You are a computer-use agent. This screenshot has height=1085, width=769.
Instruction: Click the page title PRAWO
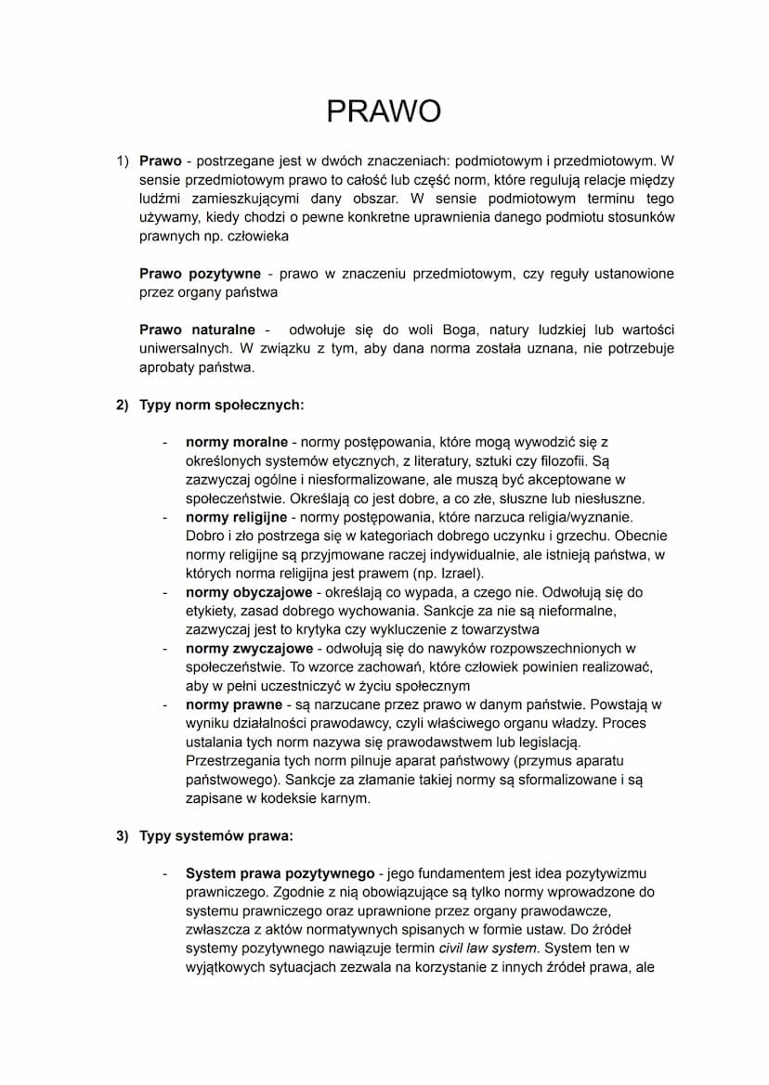coord(384,111)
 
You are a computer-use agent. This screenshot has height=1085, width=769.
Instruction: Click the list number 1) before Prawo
coord(123,161)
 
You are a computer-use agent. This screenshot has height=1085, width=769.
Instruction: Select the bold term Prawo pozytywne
coord(199,274)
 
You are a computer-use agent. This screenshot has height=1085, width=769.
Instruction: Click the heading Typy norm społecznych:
coord(222,405)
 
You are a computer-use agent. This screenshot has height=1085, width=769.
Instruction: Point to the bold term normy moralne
coord(237,443)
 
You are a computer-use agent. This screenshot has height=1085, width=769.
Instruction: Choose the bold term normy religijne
coord(237,517)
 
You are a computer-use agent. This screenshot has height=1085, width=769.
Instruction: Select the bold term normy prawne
coord(233,704)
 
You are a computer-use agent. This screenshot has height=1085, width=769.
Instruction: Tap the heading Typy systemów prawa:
coord(216,835)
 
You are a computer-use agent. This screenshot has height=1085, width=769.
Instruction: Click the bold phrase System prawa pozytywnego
coord(280,873)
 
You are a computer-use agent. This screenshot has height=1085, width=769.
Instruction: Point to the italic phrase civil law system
coord(488,948)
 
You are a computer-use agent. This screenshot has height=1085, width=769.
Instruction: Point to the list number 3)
coord(123,835)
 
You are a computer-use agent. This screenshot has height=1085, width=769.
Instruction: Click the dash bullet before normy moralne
coord(165,443)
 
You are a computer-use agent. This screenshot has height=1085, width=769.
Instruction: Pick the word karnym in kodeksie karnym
coord(345,798)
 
